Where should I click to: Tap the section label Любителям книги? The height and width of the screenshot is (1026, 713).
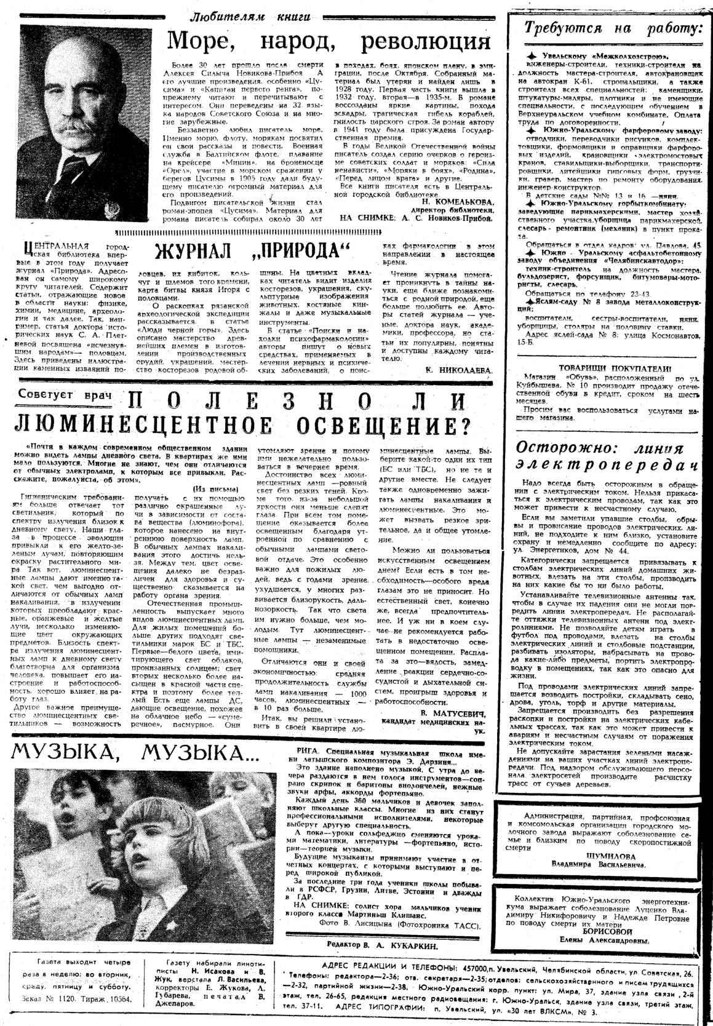(x=258, y=16)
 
